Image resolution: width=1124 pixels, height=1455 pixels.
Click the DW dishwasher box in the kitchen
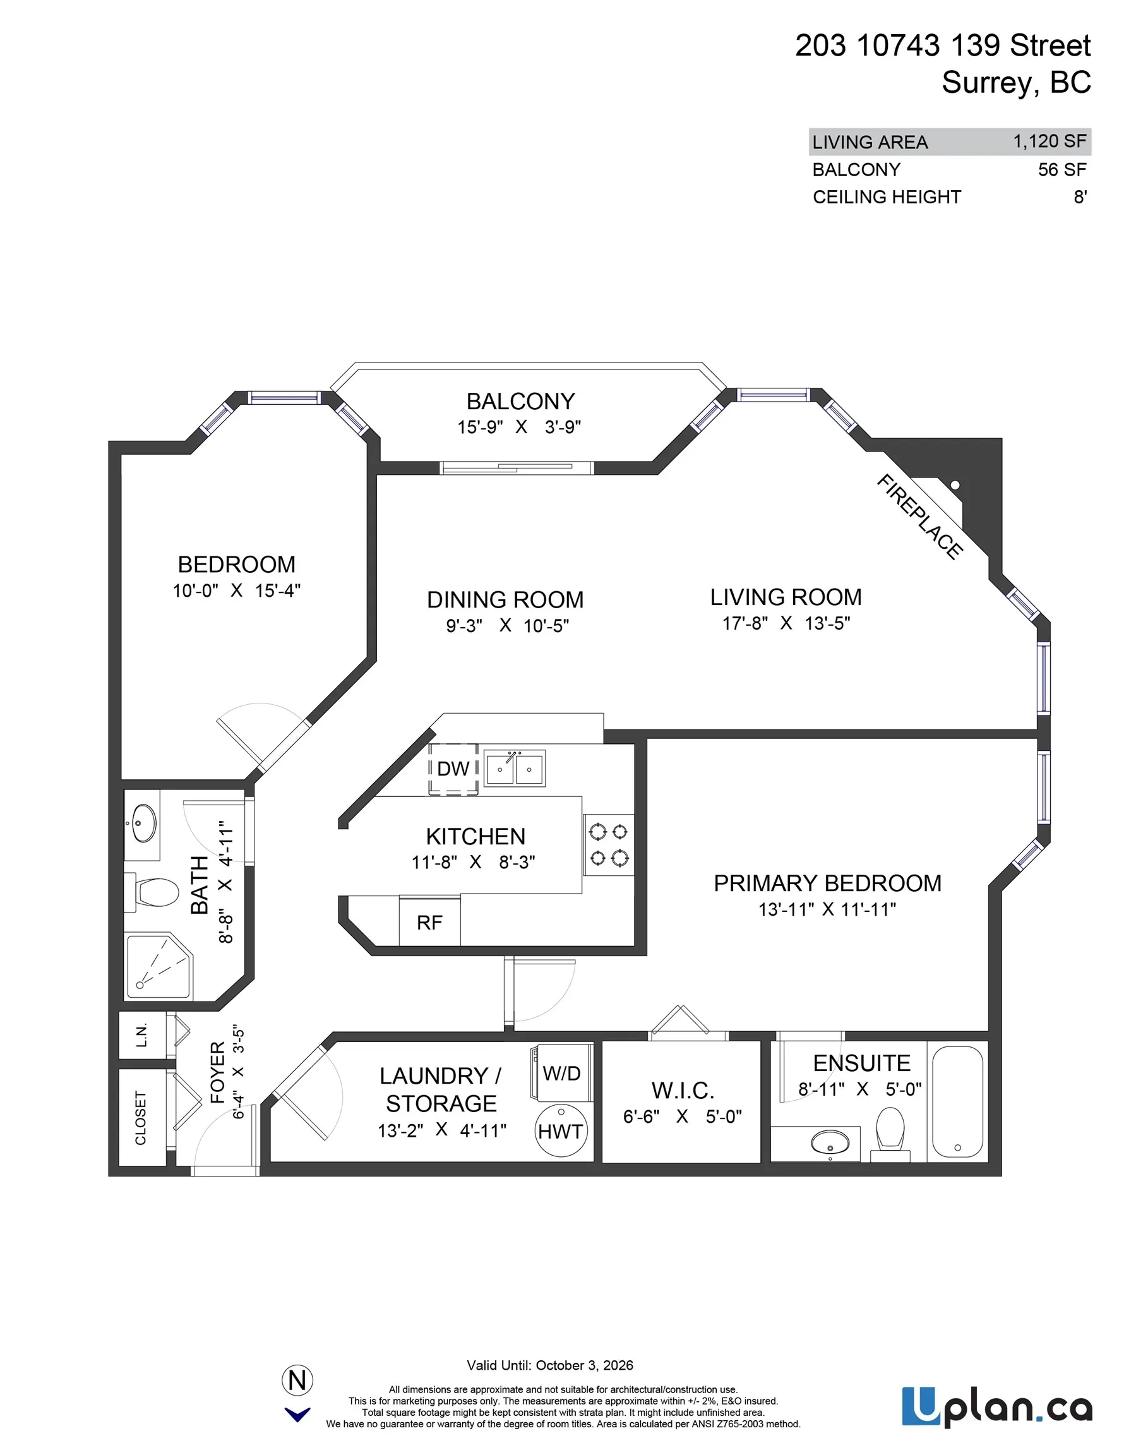[x=453, y=769]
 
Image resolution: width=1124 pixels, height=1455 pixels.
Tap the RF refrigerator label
[x=429, y=923]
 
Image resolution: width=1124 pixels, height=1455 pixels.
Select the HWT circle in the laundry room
[x=561, y=1131]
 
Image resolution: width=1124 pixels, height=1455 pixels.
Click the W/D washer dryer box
[x=561, y=1074]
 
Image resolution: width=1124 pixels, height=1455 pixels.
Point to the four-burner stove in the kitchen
[x=608, y=845]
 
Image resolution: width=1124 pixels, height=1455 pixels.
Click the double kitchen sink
[x=514, y=769]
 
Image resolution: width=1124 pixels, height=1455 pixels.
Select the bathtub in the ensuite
[x=957, y=1102]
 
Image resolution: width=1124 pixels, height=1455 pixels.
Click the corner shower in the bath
[x=158, y=967]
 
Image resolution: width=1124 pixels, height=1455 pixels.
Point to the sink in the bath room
[x=144, y=824]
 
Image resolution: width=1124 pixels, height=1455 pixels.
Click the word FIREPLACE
[x=919, y=517]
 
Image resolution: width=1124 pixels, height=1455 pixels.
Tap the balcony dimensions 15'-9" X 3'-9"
[x=519, y=427]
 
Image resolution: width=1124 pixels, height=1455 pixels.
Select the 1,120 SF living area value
[x=1049, y=141]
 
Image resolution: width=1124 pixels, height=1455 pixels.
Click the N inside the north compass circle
[x=297, y=1380]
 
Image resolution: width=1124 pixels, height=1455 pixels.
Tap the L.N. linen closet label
[x=141, y=1035]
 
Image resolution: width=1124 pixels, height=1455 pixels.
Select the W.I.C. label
[x=682, y=1091]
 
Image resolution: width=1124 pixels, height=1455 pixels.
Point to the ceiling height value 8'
[x=1079, y=197]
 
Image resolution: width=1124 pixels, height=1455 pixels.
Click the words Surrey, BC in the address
[x=1015, y=83]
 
